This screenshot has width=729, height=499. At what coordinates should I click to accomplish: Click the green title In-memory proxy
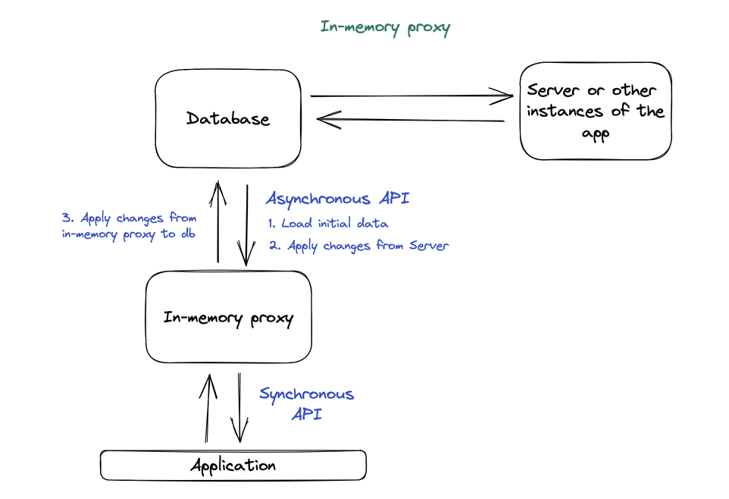(x=385, y=28)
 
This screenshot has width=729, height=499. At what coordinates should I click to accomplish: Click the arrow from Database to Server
(x=413, y=96)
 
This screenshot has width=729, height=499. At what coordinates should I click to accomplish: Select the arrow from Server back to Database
(x=409, y=120)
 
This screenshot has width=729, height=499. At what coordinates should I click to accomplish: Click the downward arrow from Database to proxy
(x=246, y=224)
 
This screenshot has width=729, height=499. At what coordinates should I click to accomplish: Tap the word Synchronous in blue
(x=306, y=394)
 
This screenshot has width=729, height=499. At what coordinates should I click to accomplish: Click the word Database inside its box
(x=228, y=119)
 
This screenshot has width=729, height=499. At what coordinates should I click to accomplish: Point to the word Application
(x=233, y=465)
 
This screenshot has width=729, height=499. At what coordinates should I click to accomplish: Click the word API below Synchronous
(x=306, y=414)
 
